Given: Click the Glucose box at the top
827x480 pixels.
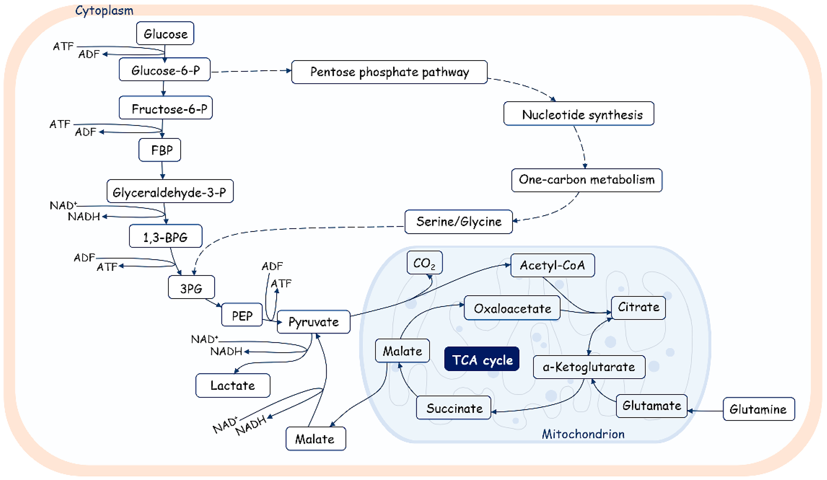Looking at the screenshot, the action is (x=165, y=33).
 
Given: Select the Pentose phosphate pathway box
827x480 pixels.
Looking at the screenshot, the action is (x=389, y=72).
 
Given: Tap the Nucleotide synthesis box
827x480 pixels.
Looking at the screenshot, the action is (x=579, y=113).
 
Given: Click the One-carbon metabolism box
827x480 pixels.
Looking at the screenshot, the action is (x=587, y=180).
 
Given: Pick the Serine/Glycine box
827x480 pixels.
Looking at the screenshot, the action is (x=458, y=222).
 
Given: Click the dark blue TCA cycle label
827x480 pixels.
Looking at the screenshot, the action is (x=482, y=359).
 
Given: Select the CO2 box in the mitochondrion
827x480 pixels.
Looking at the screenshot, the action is (x=425, y=262).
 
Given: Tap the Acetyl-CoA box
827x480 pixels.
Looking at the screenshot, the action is (x=553, y=265).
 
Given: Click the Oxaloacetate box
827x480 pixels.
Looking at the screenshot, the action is (x=512, y=308).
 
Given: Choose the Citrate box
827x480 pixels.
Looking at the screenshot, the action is (x=638, y=308).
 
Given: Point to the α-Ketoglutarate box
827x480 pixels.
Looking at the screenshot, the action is (x=589, y=367).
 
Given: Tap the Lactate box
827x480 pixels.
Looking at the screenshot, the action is (x=233, y=385).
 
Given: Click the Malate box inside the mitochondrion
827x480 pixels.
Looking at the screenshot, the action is (x=402, y=351).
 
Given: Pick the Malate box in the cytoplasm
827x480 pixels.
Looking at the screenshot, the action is (x=316, y=439).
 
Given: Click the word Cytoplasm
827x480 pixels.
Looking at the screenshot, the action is (x=104, y=11).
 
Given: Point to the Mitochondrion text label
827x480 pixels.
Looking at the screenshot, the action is (x=583, y=434).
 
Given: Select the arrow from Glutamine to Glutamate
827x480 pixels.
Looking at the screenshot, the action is (x=705, y=411).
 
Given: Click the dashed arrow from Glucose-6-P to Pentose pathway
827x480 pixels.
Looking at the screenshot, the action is (x=251, y=71).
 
